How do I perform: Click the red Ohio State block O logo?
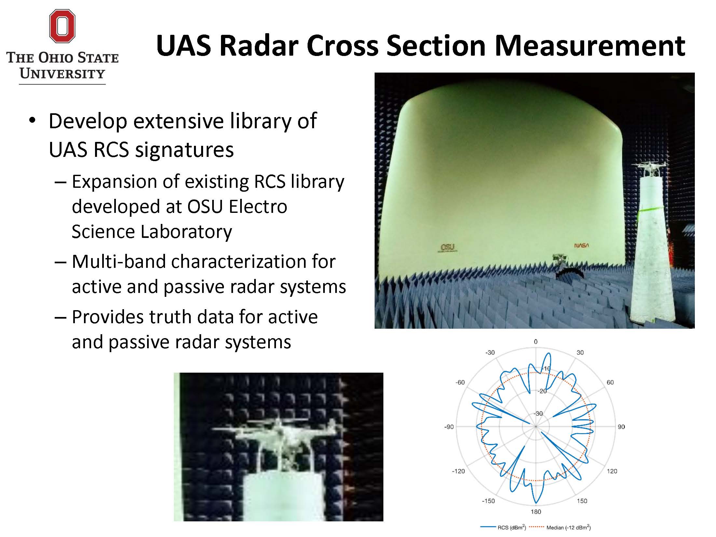click(62, 26)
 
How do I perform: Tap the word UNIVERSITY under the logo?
click(62, 74)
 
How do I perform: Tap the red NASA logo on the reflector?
click(581, 245)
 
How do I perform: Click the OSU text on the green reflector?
click(447, 247)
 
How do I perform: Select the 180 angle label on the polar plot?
click(536, 512)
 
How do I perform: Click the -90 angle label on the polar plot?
click(449, 427)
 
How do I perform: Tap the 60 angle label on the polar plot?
click(610, 382)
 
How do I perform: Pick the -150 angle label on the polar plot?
click(488, 501)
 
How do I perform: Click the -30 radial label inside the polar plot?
click(538, 414)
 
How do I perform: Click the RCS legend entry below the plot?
click(503, 528)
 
